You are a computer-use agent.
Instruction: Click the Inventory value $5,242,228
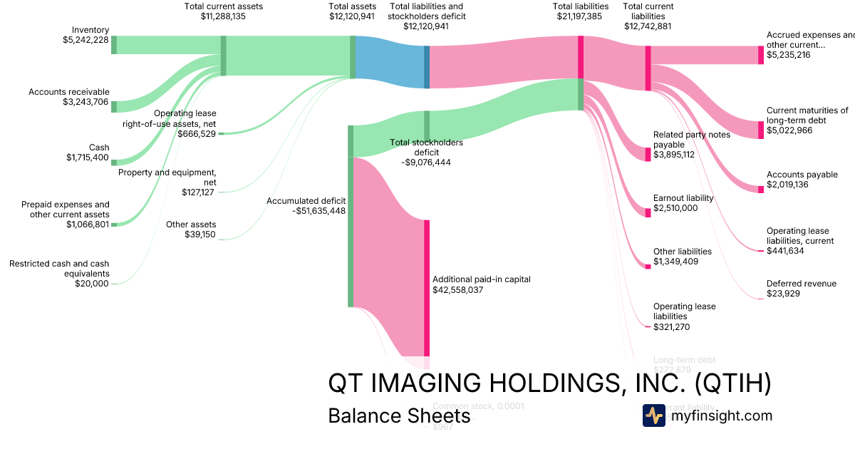coord(85,41)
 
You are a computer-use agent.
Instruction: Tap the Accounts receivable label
coord(69,92)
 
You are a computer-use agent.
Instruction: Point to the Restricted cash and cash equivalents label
coord(59,269)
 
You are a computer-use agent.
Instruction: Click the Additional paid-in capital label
coord(481,279)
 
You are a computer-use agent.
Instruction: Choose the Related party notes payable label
coord(691,140)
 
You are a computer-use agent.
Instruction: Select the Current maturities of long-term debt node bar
coord(760,130)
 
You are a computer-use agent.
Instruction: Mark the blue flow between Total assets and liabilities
coord(390,63)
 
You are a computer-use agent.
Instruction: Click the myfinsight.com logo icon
coord(653,416)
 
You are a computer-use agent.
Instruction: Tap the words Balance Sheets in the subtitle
coord(399,416)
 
